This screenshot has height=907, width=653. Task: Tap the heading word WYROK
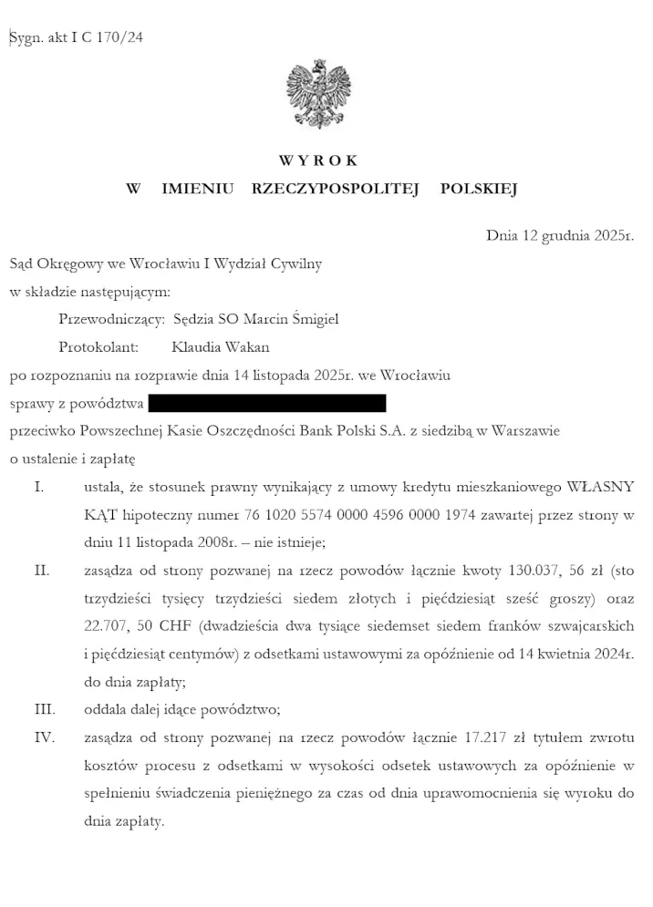(x=318, y=160)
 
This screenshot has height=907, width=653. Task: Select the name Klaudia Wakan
(x=220, y=347)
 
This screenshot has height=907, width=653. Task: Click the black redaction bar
(x=266, y=403)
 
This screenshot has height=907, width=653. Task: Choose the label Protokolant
(x=98, y=347)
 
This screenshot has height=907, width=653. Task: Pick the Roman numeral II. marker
(x=41, y=571)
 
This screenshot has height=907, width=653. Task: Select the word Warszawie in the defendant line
(x=523, y=431)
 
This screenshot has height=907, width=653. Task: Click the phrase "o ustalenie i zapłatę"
(x=72, y=459)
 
